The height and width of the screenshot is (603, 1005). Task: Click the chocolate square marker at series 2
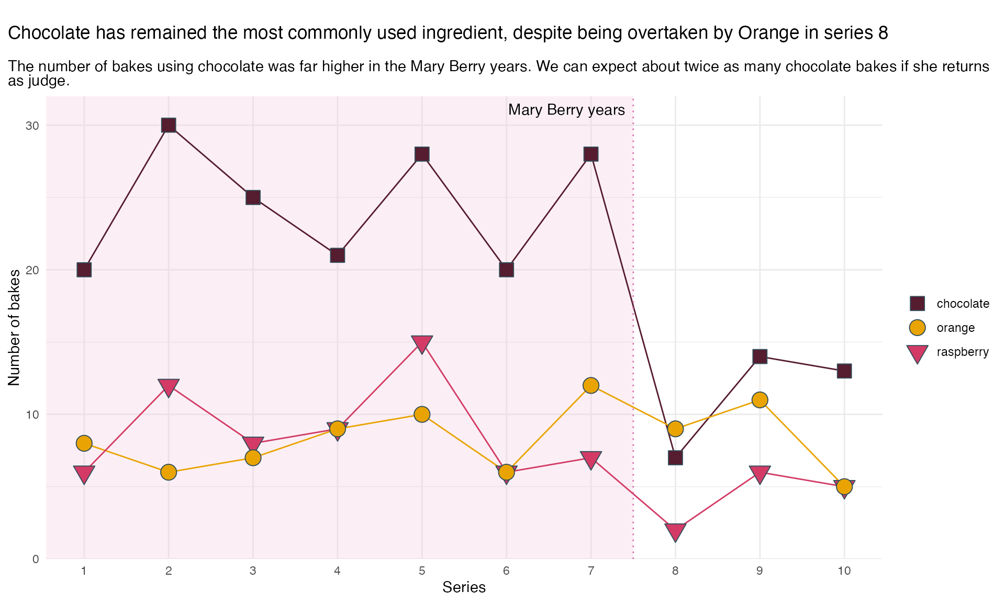click(x=169, y=125)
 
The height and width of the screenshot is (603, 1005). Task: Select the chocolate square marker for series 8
click(x=675, y=457)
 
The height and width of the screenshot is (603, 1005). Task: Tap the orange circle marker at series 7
click(x=591, y=385)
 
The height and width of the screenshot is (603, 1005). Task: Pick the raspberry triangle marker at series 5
click(x=422, y=343)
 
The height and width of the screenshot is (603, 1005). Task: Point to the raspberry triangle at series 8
click(x=675, y=532)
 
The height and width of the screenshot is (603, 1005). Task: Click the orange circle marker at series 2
click(x=169, y=472)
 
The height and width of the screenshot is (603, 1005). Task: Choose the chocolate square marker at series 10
click(x=844, y=371)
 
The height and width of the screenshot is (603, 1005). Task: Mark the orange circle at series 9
click(x=760, y=400)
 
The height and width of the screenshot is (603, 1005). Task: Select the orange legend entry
click(x=942, y=328)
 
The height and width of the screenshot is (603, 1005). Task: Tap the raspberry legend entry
click(x=948, y=352)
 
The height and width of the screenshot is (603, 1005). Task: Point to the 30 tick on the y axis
click(x=32, y=126)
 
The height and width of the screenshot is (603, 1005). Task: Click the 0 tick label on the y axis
click(x=36, y=559)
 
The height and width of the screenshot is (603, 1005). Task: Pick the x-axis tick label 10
click(x=844, y=571)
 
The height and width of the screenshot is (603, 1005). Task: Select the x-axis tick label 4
click(x=337, y=571)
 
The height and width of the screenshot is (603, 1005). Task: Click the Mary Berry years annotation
click(x=566, y=110)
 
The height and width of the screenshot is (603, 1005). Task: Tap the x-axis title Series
click(x=464, y=587)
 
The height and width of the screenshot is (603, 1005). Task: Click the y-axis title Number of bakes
click(x=14, y=328)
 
